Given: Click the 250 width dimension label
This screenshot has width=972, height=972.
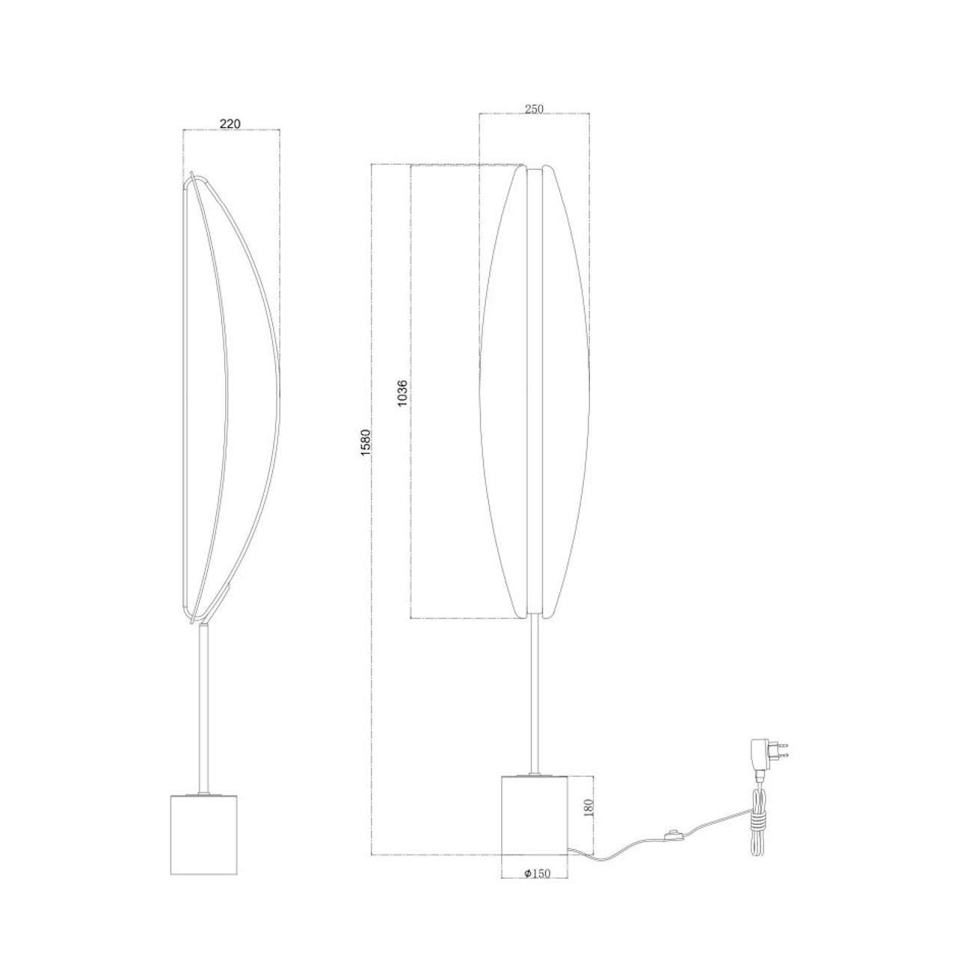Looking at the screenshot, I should (533, 109).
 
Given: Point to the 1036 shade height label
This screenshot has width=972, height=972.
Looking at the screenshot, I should (402, 393).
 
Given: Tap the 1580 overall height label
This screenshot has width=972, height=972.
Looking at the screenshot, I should (365, 446).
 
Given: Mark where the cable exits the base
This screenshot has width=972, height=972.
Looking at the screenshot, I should (570, 850).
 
